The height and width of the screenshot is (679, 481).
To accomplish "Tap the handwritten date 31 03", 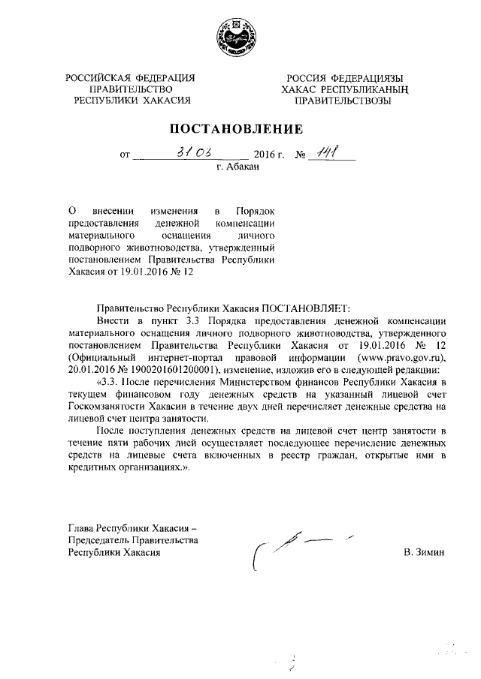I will [184, 153].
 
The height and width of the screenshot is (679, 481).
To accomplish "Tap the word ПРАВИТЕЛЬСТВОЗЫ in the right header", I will [343, 100].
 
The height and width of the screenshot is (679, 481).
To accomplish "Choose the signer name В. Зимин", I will [423, 552].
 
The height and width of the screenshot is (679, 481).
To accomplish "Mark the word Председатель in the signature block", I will [98, 541].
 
